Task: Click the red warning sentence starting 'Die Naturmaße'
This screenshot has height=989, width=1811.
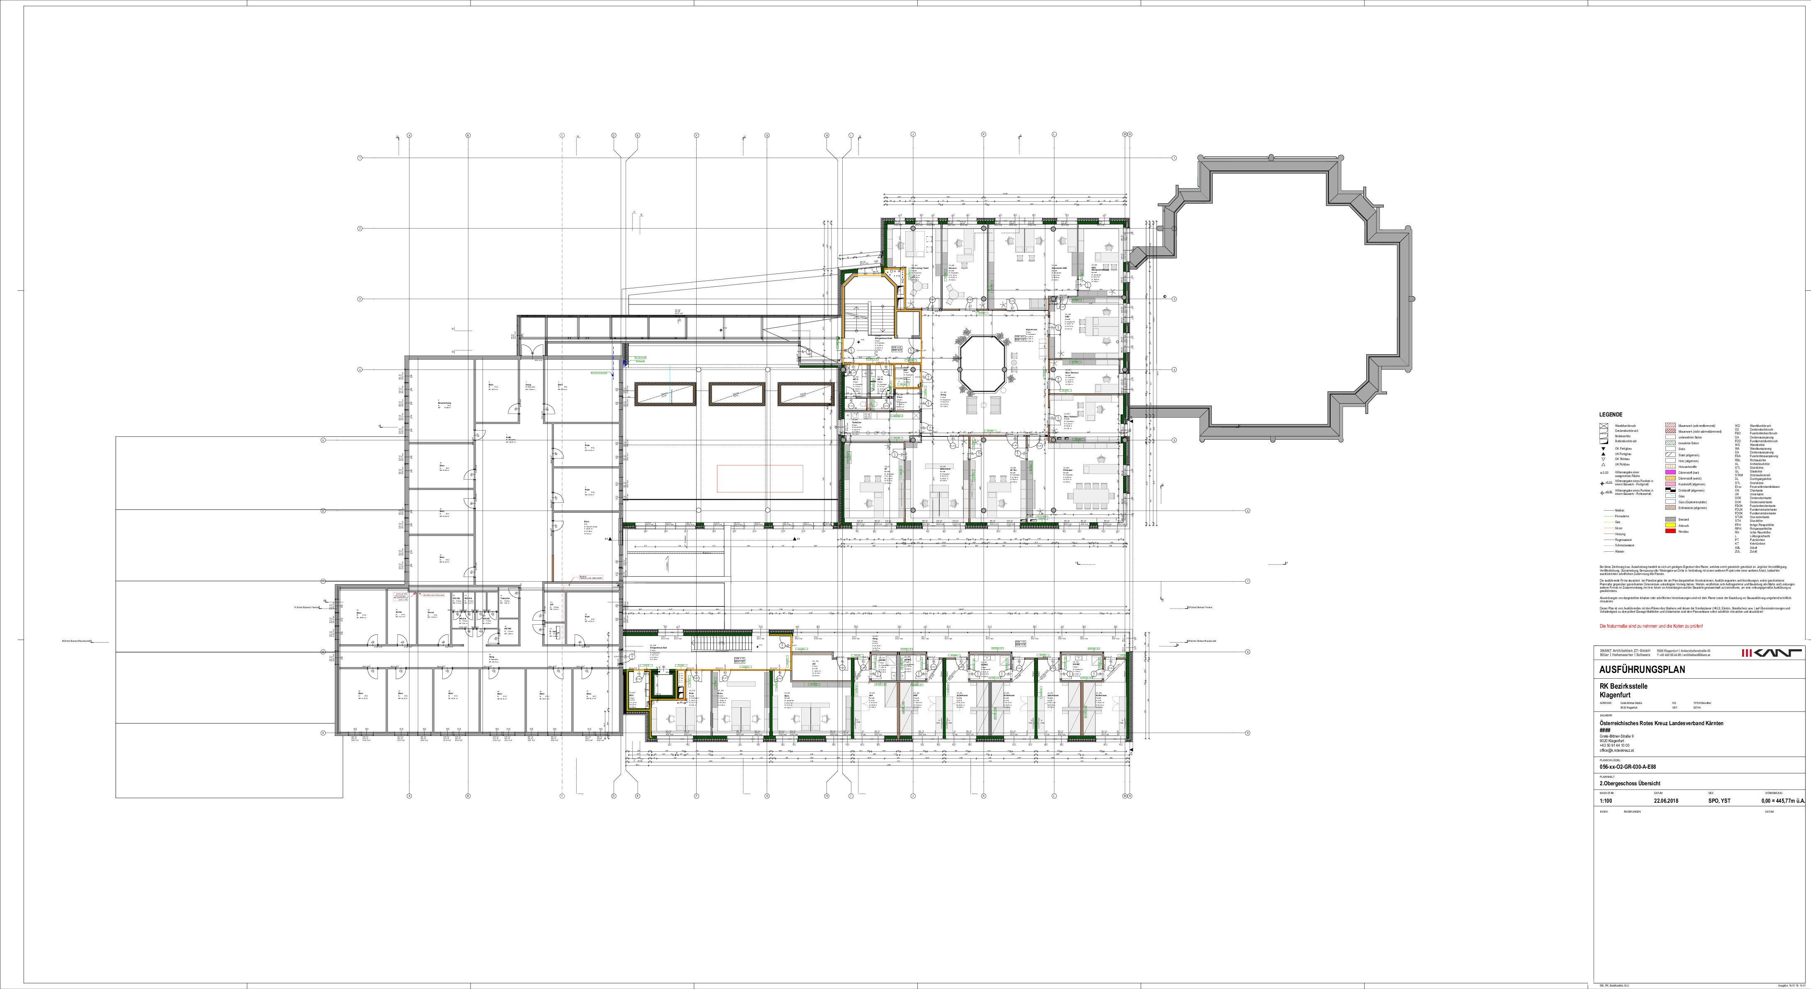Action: pyautogui.click(x=1651, y=626)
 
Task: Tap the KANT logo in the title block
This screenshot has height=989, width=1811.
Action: pyautogui.click(x=1771, y=653)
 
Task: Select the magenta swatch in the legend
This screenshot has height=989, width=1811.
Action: pyautogui.click(x=1670, y=472)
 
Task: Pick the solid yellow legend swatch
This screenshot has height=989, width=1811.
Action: pyautogui.click(x=1670, y=524)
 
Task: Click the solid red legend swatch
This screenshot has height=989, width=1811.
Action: pyautogui.click(x=1670, y=531)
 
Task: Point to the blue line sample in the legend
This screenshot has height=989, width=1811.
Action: pyautogui.click(x=1609, y=552)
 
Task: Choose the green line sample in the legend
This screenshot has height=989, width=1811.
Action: pyautogui.click(x=1609, y=516)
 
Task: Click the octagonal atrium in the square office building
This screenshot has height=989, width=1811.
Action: pyautogui.click(x=982, y=363)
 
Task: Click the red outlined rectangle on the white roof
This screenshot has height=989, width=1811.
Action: pyautogui.click(x=760, y=479)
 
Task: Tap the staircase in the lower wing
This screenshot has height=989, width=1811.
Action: pyautogui.click(x=721, y=643)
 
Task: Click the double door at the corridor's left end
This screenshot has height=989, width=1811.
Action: pyautogui.click(x=532, y=347)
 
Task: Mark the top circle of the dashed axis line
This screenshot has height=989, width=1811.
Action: pyautogui.click(x=562, y=135)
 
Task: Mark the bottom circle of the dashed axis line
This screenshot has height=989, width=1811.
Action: pyautogui.click(x=562, y=796)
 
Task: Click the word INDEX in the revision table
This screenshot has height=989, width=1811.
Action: pyautogui.click(x=1604, y=812)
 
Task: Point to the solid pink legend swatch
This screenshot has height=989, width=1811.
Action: pyautogui.click(x=1670, y=484)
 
